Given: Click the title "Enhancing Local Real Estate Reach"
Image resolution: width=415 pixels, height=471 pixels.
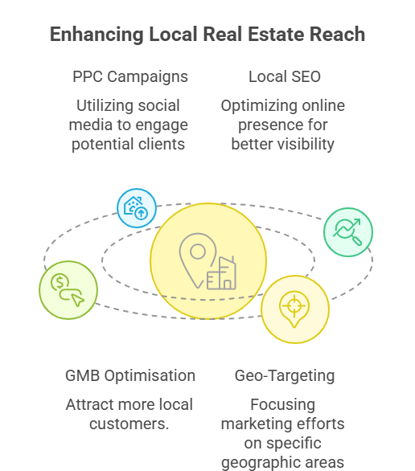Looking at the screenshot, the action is click(x=207, y=35).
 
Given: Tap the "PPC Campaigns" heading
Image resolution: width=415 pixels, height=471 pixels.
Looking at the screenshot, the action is click(x=130, y=77).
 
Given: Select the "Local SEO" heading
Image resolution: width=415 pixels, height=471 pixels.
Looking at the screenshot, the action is click(x=285, y=76).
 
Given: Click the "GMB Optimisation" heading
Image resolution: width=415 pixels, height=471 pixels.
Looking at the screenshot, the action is click(x=130, y=376).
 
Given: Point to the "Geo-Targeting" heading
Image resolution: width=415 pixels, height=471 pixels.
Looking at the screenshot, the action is click(x=285, y=376).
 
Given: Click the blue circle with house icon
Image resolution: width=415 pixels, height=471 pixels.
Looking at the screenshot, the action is click(x=137, y=208).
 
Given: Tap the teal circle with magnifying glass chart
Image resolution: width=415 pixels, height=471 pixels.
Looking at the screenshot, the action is click(x=348, y=232).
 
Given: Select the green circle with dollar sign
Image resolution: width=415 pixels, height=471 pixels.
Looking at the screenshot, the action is click(x=68, y=290).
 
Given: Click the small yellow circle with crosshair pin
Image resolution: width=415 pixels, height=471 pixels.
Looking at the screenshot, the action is click(x=295, y=309).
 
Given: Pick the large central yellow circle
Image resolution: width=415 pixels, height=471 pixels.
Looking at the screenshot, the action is click(x=208, y=261).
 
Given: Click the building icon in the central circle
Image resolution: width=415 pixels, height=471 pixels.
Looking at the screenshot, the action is click(x=221, y=273).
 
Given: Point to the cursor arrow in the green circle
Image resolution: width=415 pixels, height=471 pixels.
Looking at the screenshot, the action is click(x=77, y=300).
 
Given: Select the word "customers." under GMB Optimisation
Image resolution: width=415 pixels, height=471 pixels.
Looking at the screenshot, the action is click(x=129, y=424).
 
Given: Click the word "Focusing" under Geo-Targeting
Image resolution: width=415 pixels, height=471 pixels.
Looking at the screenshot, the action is click(x=283, y=404).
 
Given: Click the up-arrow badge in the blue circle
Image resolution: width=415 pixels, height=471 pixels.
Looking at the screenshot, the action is click(x=142, y=214).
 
